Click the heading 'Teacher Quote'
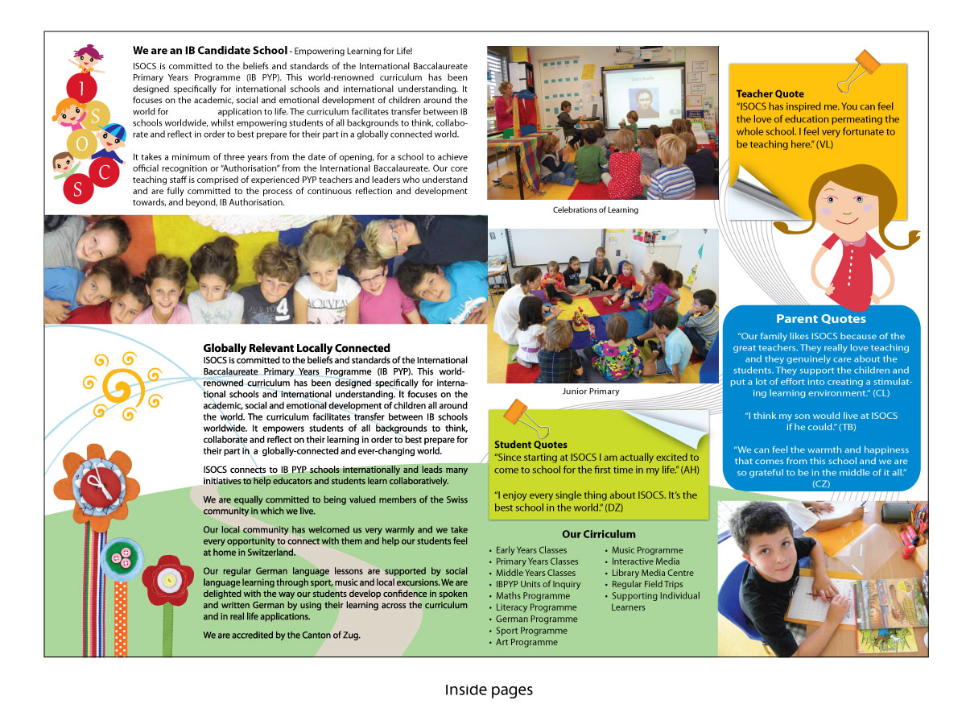coord(770,93)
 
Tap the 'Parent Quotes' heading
coord(820,319)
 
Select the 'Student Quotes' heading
coord(530,445)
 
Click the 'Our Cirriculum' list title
coord(598,534)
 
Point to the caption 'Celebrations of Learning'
coord(595,210)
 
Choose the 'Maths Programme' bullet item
coord(532,596)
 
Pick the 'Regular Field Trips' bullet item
coord(646,585)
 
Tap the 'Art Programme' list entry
coord(526,642)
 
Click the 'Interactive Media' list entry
coord(645,561)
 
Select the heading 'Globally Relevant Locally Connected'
coord(296,348)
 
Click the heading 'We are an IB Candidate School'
coord(209,51)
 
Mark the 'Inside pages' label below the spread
coord(489,690)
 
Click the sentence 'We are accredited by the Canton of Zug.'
coord(282,636)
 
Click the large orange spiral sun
coord(118,390)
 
